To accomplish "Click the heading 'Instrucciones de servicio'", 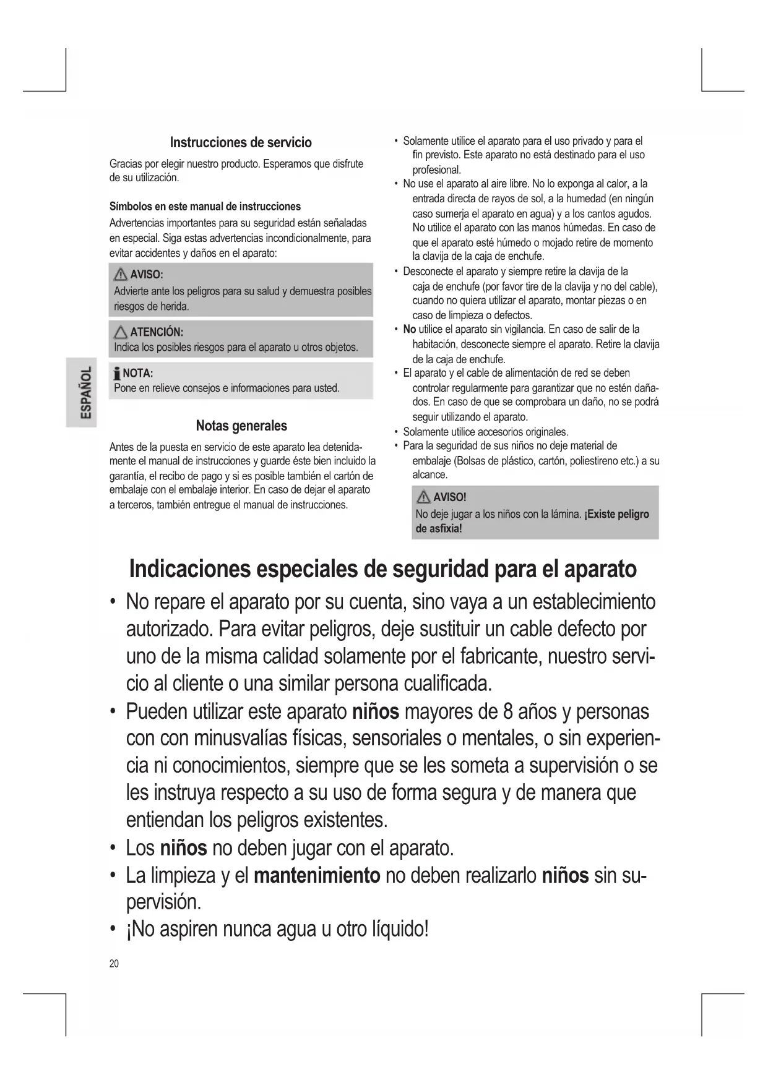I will point(241,142).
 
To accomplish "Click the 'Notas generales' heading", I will point(241,426).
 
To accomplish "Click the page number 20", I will point(114,963).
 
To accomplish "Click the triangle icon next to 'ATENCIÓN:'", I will point(121,332).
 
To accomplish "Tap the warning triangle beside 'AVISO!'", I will point(424,497).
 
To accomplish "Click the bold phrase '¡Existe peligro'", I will point(616,513).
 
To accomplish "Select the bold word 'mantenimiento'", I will point(317,875).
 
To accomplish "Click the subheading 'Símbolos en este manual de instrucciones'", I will point(205,206).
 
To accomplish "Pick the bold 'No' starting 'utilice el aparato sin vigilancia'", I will point(409,329).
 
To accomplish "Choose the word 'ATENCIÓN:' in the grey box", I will point(156,332).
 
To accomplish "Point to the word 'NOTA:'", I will point(138,373).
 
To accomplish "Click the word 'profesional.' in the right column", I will point(437,169).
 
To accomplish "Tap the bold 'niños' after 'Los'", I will point(183,847).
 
